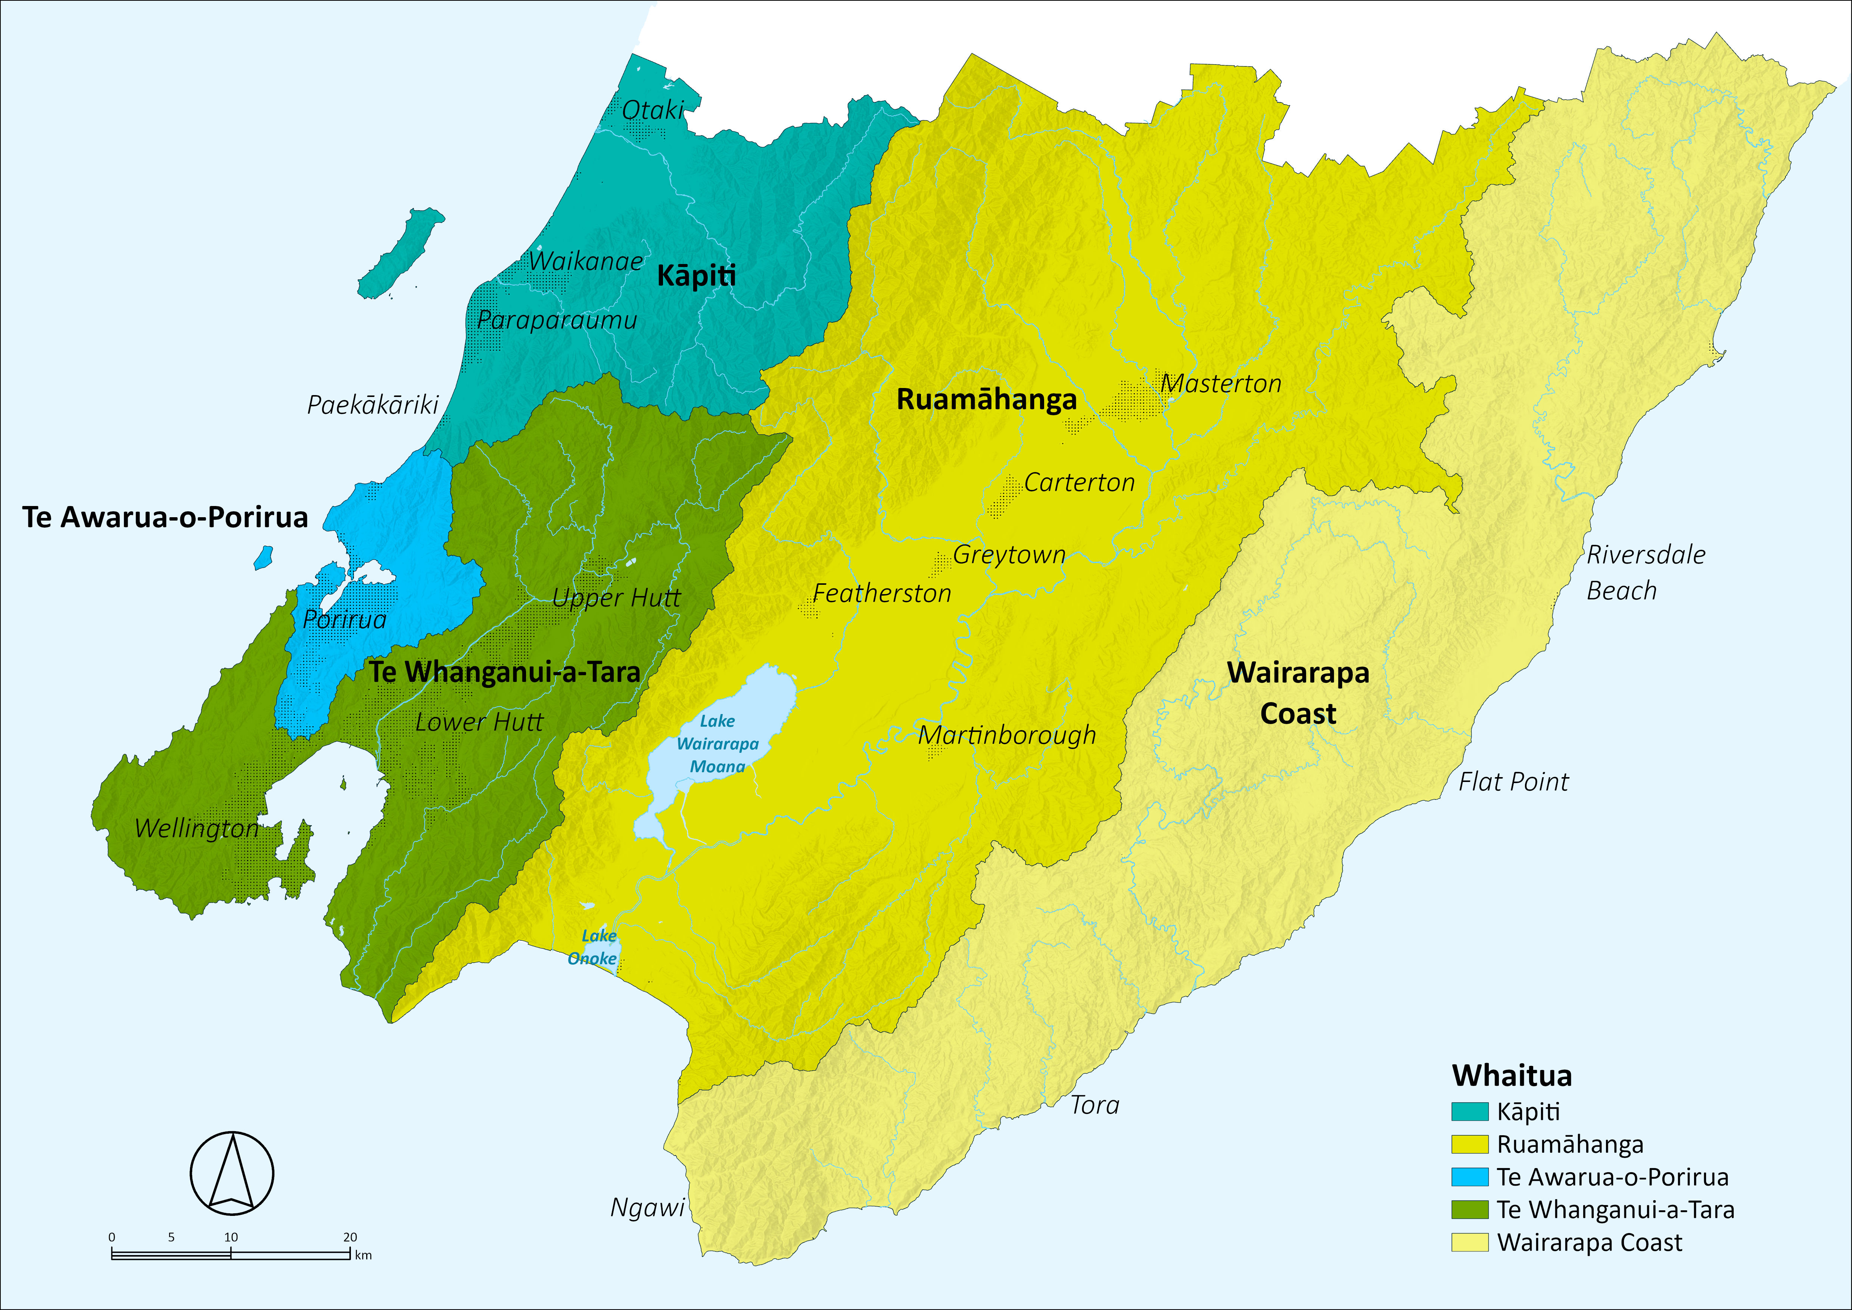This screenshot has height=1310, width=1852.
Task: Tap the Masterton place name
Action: pos(1220,384)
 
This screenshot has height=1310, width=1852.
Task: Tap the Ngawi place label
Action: pos(647,1208)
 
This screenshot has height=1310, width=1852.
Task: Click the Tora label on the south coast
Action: pos(1095,1105)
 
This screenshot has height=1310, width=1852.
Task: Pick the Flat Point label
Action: pos(1513,782)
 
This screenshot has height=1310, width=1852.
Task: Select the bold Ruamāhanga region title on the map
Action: pos(987,400)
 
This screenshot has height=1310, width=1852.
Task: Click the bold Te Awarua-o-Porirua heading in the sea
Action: pos(165,517)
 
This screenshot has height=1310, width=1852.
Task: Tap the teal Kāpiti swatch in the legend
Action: pos(1469,1112)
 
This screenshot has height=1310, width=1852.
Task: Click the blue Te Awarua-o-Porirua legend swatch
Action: pos(1469,1177)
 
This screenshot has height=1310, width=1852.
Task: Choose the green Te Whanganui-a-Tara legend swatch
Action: pos(1469,1209)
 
